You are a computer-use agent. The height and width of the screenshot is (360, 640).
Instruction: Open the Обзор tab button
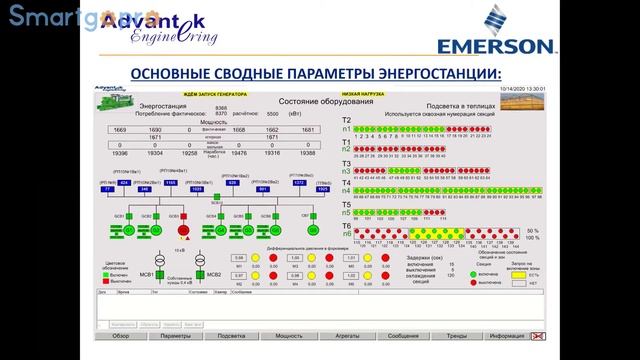pos(120,336)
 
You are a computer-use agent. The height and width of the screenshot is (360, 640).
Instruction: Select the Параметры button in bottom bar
pos(175,336)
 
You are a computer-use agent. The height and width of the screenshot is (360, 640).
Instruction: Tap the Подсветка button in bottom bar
pos(232,336)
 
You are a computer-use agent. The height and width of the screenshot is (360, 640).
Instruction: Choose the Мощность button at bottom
pos(289,336)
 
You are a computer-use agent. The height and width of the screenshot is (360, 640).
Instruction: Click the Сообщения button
pos(403,336)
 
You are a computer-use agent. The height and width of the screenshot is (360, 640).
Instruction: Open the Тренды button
pos(457,336)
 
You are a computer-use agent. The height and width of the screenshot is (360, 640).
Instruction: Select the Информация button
pos(508,336)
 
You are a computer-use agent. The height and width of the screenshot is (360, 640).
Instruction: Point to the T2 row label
pos(346,119)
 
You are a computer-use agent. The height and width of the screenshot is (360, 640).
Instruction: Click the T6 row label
pos(346,225)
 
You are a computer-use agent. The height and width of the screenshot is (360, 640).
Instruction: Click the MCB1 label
pos(146,274)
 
